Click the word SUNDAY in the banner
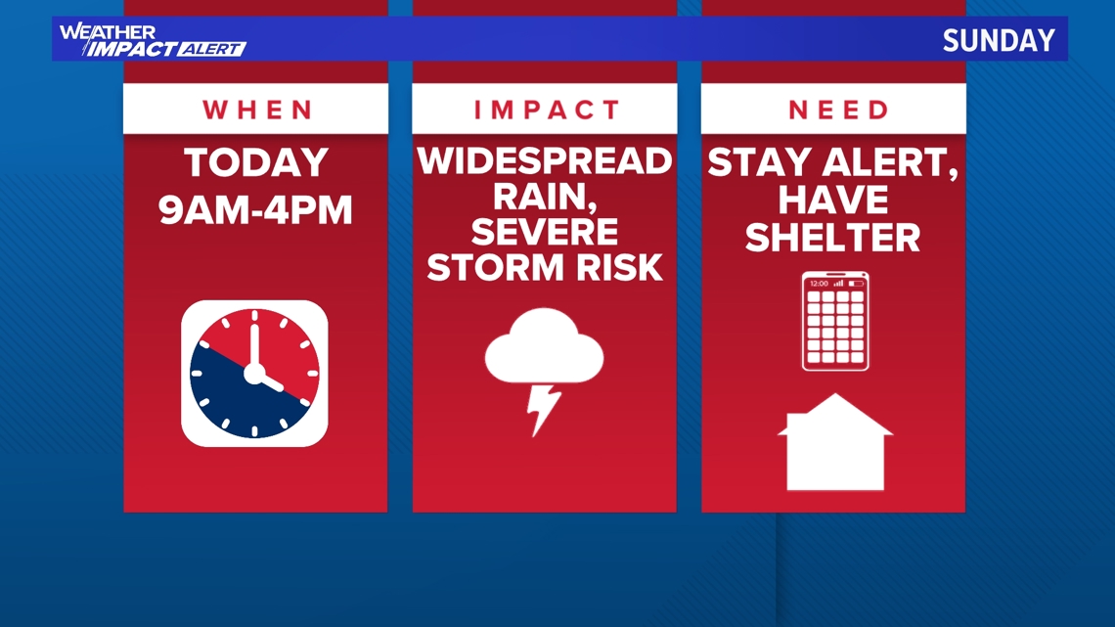[999, 40]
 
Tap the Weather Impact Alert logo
[151, 40]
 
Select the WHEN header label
[256, 110]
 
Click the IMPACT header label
[545, 110]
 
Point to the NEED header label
[833, 110]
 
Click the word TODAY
[255, 163]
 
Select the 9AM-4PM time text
[255, 209]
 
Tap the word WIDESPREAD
[545, 161]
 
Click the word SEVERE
[545, 233]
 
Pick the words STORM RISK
[545, 267]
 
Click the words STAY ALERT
[833, 162]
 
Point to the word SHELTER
[833, 237]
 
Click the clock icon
[254, 373]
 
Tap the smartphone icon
[835, 321]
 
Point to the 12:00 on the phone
[819, 283]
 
